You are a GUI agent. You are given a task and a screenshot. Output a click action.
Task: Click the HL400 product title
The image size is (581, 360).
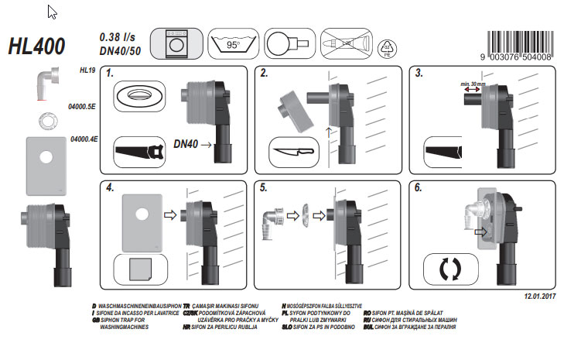(x=37, y=46)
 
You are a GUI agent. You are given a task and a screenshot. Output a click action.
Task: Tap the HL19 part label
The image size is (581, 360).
(x=87, y=70)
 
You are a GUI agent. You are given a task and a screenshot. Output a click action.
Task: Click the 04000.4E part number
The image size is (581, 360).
(x=83, y=139)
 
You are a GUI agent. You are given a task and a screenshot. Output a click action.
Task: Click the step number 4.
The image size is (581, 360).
(x=111, y=188)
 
